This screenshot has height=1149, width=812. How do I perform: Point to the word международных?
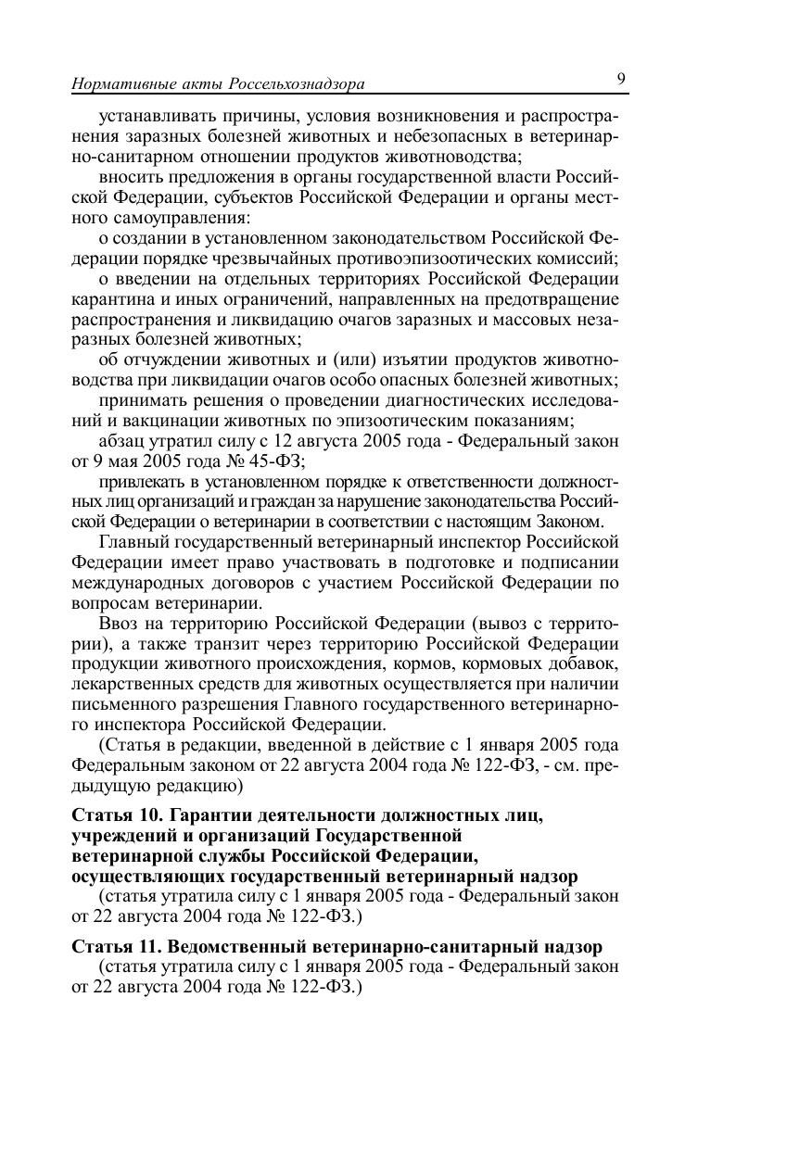pyautogui.click(x=132, y=583)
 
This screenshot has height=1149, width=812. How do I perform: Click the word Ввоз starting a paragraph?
pyautogui.click(x=118, y=623)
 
